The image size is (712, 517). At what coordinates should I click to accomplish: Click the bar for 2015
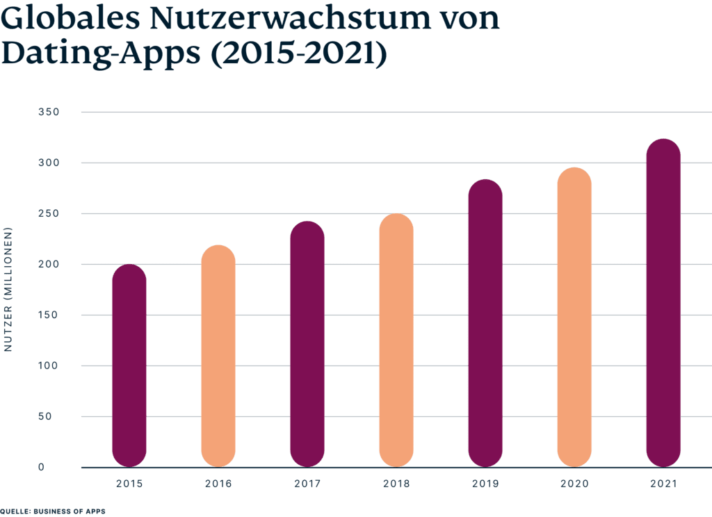129,366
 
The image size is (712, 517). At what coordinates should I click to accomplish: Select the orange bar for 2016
218,356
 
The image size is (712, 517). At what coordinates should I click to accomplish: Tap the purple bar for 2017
307,344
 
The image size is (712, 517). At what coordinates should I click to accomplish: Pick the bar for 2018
396,340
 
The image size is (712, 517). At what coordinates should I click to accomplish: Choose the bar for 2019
485,323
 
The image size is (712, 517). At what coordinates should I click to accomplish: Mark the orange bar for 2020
574,318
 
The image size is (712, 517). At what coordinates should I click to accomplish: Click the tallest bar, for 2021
663,303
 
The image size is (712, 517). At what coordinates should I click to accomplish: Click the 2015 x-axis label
129,483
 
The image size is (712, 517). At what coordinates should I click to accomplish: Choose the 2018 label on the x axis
396,483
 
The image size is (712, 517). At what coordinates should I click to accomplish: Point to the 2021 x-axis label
663,483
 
